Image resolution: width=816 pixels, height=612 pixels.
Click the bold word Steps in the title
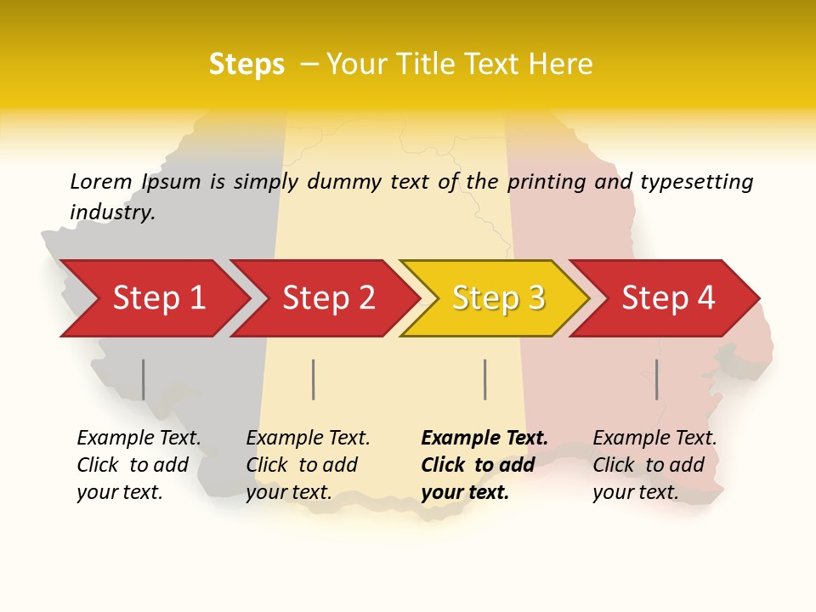click(x=246, y=65)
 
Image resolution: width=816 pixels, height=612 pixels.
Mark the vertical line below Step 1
click(x=143, y=379)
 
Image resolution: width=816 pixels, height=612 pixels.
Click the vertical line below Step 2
click(x=314, y=379)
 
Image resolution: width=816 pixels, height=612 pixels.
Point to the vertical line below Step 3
click(x=484, y=379)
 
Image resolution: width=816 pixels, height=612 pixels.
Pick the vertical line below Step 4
click(x=656, y=379)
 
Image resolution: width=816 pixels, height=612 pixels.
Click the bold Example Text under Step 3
click(x=484, y=438)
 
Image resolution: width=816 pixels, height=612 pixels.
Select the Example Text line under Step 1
click(x=139, y=438)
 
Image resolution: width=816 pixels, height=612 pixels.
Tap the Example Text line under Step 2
click(x=308, y=438)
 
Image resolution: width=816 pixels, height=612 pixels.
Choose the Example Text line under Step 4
click(x=654, y=438)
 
